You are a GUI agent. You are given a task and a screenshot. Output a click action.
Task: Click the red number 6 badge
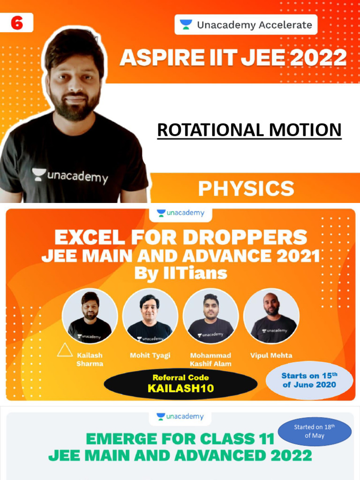[16, 22]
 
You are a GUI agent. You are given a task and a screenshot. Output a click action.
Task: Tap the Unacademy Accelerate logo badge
[246, 25]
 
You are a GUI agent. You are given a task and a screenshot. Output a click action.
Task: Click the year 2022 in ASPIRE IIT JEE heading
[315, 58]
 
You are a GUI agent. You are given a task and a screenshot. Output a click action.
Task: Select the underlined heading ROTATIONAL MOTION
[249, 130]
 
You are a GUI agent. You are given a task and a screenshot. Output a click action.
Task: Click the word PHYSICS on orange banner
[246, 188]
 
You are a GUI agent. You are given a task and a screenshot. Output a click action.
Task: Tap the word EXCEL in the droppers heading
[87, 238]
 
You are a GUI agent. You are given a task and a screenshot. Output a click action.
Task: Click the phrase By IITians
[180, 273]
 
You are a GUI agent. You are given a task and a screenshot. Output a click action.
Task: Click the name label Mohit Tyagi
[150, 355]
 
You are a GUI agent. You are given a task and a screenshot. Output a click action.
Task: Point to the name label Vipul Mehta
[271, 355]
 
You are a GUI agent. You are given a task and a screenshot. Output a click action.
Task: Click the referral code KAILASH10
[180, 389]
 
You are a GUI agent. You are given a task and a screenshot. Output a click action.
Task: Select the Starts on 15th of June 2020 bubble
[309, 380]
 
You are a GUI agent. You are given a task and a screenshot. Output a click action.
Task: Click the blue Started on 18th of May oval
[315, 431]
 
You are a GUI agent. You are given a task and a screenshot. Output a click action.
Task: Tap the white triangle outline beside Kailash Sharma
[65, 350]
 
